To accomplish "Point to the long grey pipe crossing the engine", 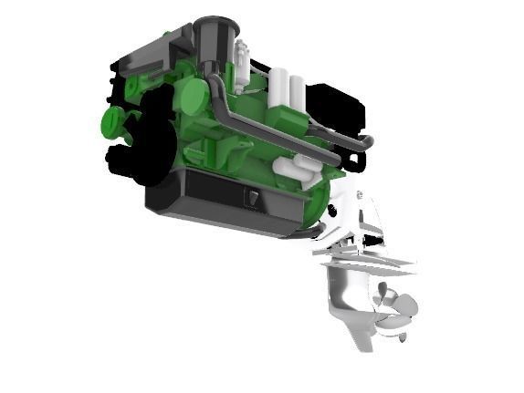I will click(x=274, y=128).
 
